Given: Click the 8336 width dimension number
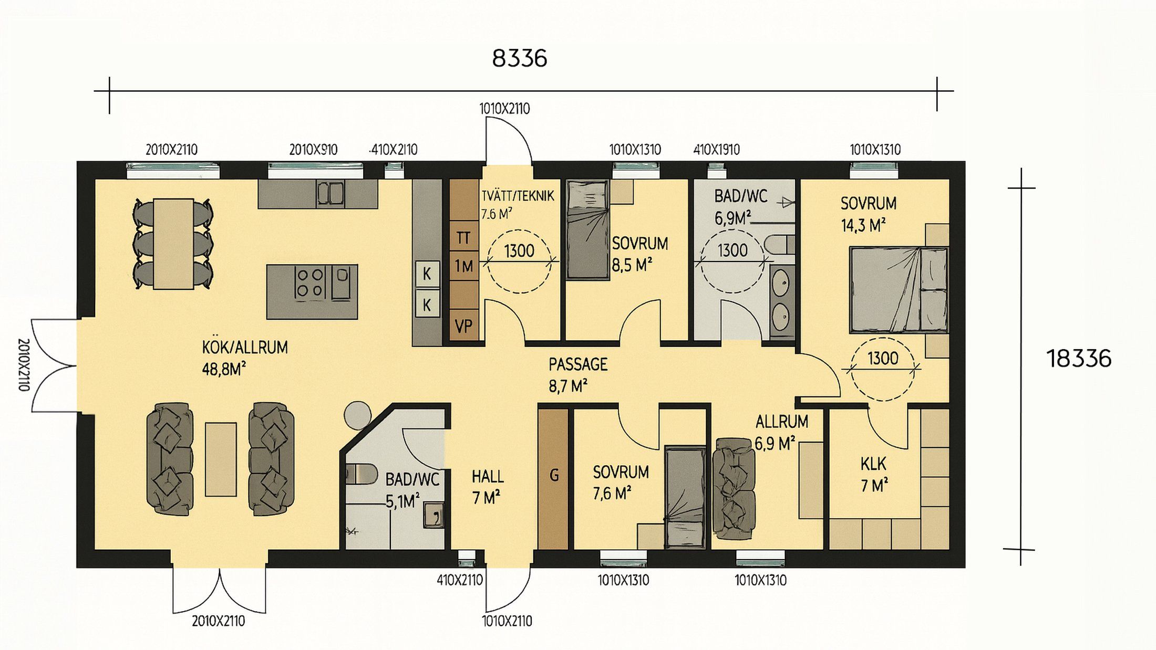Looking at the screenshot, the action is point(520,58).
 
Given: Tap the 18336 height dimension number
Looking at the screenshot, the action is point(1079,359).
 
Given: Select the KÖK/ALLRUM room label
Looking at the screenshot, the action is point(245,348).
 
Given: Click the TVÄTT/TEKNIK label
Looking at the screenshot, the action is point(518,196).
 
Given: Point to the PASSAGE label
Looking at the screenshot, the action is point(578,364).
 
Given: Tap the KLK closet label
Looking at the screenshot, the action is point(873,464).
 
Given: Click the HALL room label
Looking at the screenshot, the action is point(488,477).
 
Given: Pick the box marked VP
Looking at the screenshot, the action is point(463,326).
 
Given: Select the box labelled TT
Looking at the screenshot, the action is point(463,237).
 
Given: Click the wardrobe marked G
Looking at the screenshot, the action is point(553,478).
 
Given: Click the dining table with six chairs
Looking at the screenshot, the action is point(173,244).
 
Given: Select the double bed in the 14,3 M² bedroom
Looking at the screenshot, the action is point(899,290).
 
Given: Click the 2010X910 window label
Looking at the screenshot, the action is point(313,150).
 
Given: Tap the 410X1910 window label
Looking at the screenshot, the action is point(716,150).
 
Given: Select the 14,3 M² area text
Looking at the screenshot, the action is point(863,226).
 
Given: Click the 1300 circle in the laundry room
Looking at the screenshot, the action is point(519,261).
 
